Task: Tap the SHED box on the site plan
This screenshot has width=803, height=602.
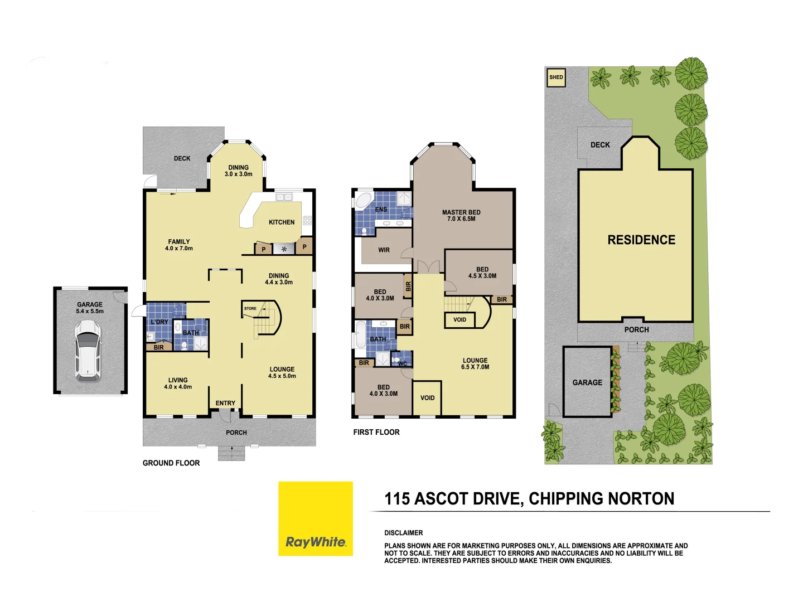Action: click(x=556, y=77)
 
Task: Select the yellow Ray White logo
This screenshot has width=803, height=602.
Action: click(x=316, y=518)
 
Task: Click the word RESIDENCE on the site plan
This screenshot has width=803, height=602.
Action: click(x=641, y=240)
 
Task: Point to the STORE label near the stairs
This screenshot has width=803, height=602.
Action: click(x=250, y=308)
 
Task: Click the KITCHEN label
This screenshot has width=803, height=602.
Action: click(x=282, y=222)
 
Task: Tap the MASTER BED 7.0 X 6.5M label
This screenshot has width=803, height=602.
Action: click(x=461, y=216)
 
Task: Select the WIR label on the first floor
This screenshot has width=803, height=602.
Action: click(x=384, y=250)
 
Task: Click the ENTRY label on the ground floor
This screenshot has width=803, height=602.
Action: click(x=225, y=403)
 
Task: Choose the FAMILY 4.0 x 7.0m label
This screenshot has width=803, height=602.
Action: click(x=179, y=245)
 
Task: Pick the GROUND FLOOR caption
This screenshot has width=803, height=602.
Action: click(x=171, y=463)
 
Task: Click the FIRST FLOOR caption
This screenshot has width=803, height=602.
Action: click(x=376, y=432)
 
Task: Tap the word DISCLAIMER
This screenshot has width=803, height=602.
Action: click(x=404, y=533)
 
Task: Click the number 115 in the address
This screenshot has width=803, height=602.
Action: click(x=397, y=499)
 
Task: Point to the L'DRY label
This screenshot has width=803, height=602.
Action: click(x=159, y=322)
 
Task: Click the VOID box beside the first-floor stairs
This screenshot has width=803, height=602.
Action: click(x=459, y=320)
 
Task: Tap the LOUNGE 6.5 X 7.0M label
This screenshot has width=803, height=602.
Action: click(x=475, y=364)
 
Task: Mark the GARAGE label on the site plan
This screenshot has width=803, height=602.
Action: click(x=587, y=383)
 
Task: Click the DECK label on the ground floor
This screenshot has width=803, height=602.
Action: click(x=182, y=159)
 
